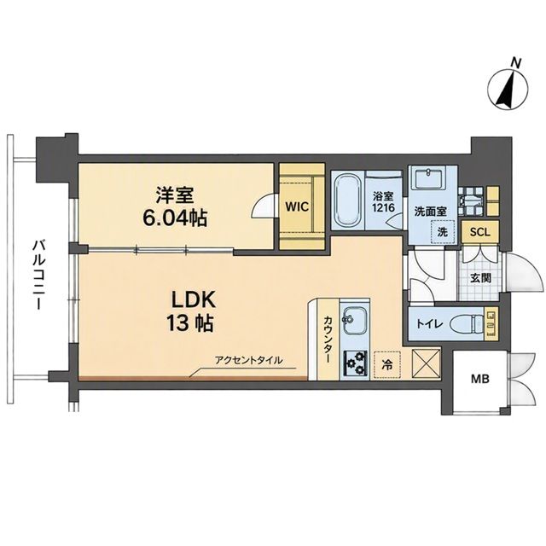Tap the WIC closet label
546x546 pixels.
click(297, 206)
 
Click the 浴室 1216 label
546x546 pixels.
click(383, 202)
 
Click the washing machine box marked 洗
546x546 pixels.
click(443, 231)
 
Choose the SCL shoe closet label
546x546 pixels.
click(479, 232)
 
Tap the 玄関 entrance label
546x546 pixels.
click(481, 278)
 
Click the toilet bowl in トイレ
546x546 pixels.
click(467, 325)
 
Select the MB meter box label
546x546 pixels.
click(480, 379)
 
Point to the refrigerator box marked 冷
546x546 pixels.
click(387, 364)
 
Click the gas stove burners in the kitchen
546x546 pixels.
click(356, 363)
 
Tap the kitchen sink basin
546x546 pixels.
click(354, 321)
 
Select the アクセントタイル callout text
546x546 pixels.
click(248, 360)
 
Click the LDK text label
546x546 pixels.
click(194, 300)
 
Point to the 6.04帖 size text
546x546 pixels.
click(174, 218)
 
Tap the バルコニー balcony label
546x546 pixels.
click(37, 275)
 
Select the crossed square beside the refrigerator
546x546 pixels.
click(427, 363)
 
